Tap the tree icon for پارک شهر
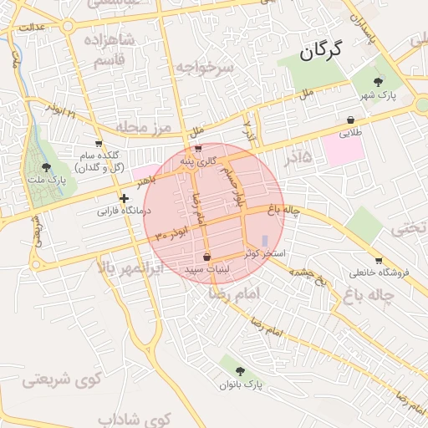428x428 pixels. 380,81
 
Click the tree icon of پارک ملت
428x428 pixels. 47,167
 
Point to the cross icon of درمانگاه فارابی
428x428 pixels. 124,199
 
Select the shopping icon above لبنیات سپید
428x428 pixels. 206,257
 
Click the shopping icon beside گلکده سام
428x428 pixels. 99,144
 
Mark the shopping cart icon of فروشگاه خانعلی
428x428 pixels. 380,260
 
